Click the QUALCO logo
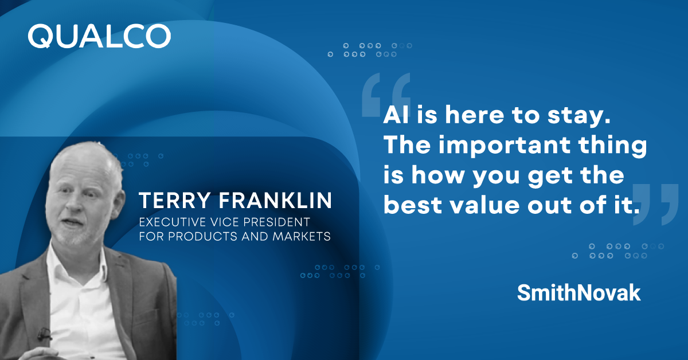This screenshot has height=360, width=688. (99, 37)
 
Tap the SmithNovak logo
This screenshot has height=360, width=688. (578, 293)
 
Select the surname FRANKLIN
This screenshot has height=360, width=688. (275, 201)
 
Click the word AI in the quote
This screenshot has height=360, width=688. (396, 115)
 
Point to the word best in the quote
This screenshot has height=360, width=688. (413, 205)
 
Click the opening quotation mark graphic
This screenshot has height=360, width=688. (386, 95)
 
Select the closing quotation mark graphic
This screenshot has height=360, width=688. (656, 205)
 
